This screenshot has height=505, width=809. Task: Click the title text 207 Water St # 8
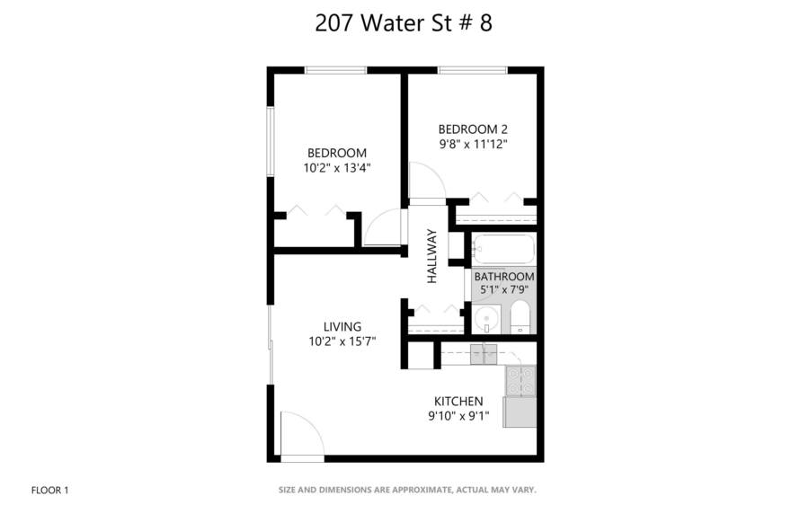click(404, 24)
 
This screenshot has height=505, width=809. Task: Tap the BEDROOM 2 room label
click(474, 128)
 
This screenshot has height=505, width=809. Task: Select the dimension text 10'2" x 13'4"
click(337, 167)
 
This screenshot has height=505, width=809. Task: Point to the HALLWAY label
click(432, 257)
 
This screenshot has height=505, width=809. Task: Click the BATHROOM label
click(504, 276)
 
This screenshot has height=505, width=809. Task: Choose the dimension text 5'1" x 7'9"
click(504, 289)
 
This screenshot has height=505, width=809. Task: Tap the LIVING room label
click(342, 326)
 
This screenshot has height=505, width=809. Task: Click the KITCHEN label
click(458, 401)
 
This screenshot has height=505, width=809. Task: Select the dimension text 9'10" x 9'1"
click(458, 415)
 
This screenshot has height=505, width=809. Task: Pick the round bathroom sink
click(486, 318)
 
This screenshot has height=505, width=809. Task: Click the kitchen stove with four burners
click(520, 381)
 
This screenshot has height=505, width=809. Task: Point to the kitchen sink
click(484, 353)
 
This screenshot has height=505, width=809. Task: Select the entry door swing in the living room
click(301, 435)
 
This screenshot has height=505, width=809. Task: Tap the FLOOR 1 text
click(49, 490)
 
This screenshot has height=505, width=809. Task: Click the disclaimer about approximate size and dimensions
click(407, 490)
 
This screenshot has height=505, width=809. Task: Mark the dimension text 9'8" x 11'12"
click(474, 144)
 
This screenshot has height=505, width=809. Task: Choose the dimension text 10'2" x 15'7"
click(342, 341)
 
